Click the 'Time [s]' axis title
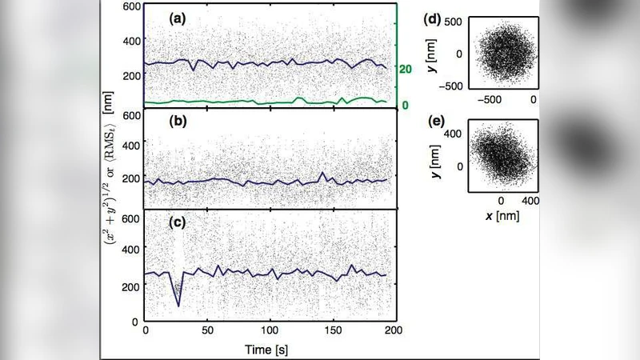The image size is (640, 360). pos(269,349)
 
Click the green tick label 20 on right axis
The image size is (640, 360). pos(406,70)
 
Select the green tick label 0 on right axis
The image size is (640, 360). pos(405,106)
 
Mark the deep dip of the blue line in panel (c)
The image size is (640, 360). pos(178,304)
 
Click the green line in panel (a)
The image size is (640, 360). pos(240,102)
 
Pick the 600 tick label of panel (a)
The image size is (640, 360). pos(130,7)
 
